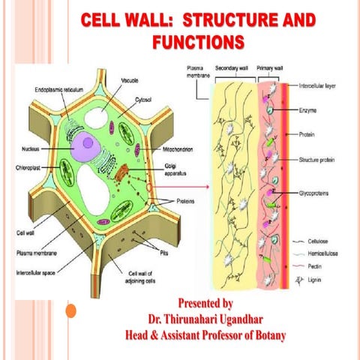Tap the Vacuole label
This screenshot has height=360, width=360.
[129, 78]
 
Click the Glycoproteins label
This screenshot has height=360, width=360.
[316, 193]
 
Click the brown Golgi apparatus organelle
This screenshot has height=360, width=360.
[123, 171]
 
